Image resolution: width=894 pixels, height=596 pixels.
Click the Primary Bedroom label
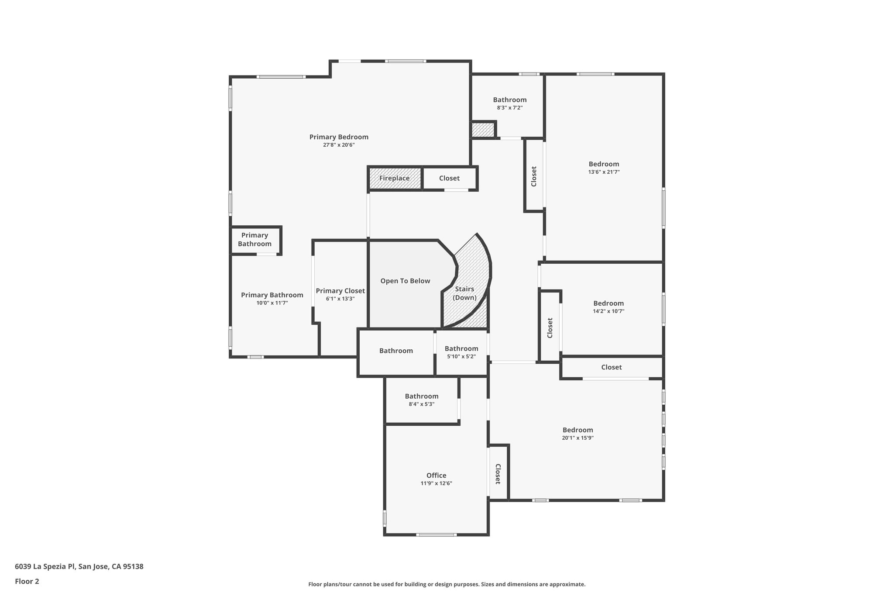[x=339, y=137]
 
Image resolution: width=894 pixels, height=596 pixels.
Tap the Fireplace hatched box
[x=395, y=178]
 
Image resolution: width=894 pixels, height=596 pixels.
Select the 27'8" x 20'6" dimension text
[x=339, y=145]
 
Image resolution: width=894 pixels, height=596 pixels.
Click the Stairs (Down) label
[x=464, y=293]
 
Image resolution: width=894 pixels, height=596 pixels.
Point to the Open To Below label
[x=405, y=281]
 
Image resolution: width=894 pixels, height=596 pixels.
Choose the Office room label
[x=436, y=475]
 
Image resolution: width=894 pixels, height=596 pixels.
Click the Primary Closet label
[x=340, y=291]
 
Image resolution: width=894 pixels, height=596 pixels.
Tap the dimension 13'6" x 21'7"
[x=604, y=172]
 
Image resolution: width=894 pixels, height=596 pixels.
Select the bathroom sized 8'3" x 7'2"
[x=509, y=100]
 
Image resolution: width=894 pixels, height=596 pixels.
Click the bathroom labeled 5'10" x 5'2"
[x=461, y=349]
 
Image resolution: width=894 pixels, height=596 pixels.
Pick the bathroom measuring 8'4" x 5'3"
[x=421, y=396]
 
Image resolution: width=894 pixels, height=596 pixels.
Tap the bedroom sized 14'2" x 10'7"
[x=609, y=303]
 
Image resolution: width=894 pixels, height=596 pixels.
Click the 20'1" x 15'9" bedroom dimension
[x=578, y=438]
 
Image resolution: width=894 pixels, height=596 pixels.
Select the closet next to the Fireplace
[x=449, y=178]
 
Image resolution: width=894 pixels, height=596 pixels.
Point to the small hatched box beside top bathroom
[x=483, y=130]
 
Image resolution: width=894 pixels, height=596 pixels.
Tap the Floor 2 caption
[x=27, y=581]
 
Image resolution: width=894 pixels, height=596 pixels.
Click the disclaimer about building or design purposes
[x=447, y=584]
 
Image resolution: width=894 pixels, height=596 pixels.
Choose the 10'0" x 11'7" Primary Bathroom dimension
[x=272, y=303]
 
